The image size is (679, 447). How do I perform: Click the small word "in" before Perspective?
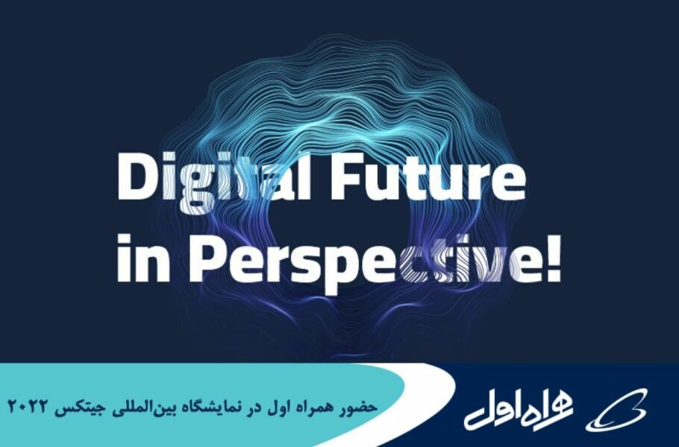pyautogui.click(x=143, y=258)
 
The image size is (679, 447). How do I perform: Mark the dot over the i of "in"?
pyautogui.click(x=125, y=240)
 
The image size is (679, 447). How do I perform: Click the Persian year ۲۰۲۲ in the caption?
pyautogui.click(x=28, y=406)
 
